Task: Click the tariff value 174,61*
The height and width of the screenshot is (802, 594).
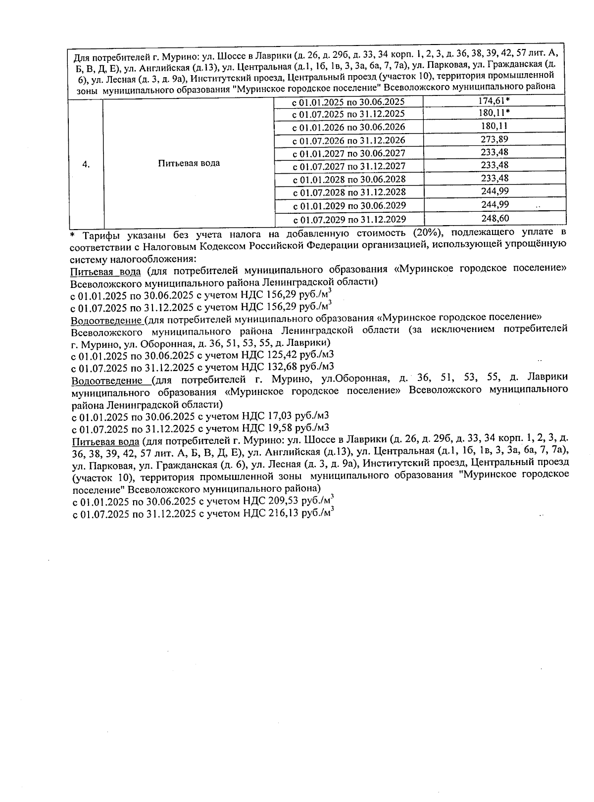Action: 495,101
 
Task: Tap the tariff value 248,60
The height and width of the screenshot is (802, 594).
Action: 495,218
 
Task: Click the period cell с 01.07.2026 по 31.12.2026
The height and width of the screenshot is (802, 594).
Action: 349,141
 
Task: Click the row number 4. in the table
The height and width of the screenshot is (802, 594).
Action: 86,164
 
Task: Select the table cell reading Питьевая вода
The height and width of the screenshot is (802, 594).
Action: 189,163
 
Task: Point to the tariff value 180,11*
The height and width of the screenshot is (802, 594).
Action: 495,113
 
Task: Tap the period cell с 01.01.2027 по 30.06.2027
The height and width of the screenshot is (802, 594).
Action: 349,153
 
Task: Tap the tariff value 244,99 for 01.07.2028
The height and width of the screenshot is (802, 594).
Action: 495,191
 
